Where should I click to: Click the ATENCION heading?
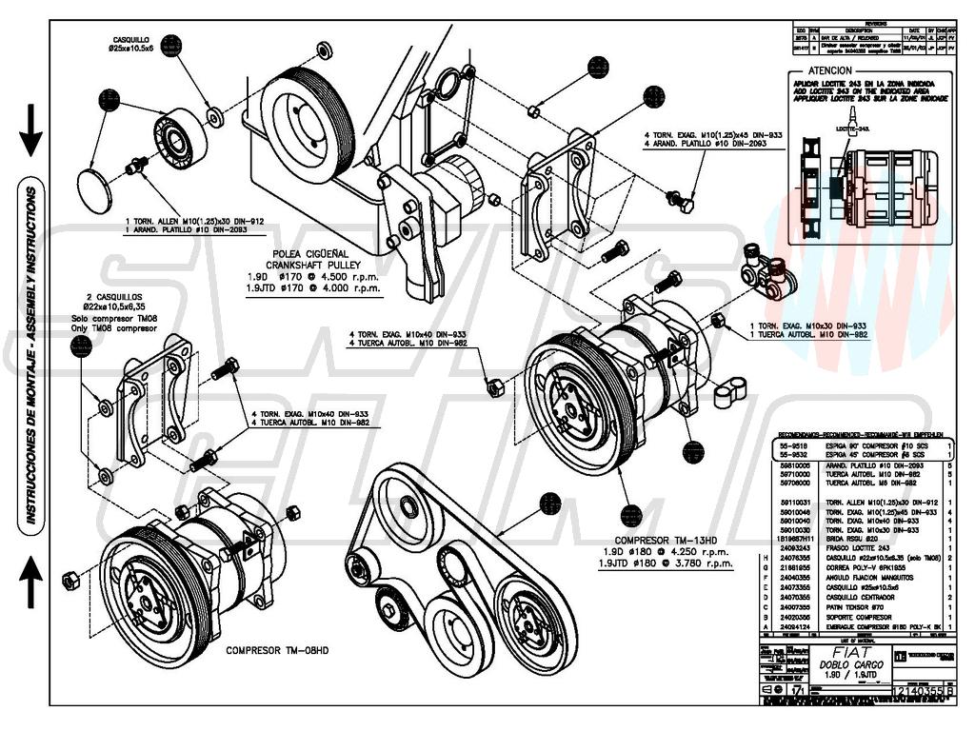830,70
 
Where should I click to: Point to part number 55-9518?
793,445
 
